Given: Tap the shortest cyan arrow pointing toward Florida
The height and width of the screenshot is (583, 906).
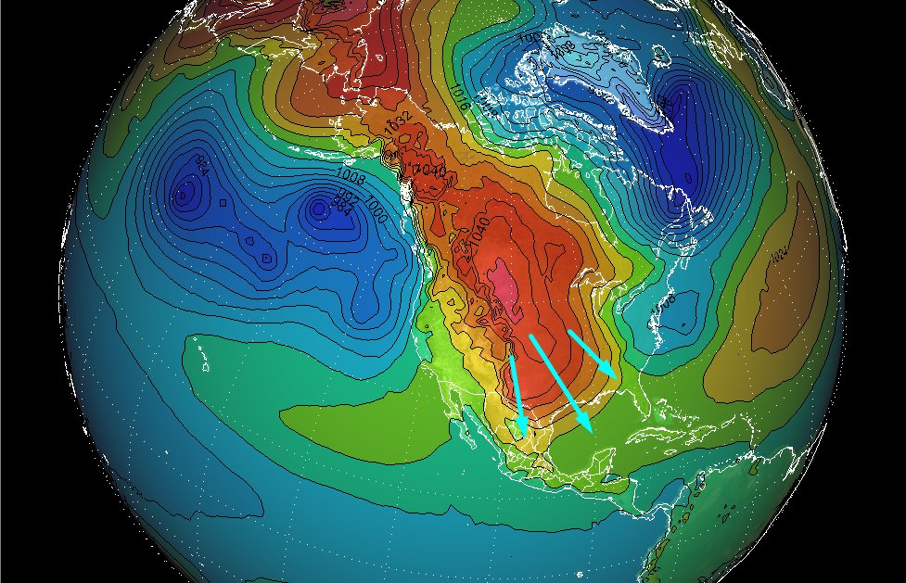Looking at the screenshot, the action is point(591,353).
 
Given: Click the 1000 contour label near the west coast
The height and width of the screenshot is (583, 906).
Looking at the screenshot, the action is point(376,203).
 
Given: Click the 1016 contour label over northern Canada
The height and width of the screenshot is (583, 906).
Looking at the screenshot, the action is point(458,93).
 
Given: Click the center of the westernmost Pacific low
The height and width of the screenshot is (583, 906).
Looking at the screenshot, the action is point(187,196).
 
